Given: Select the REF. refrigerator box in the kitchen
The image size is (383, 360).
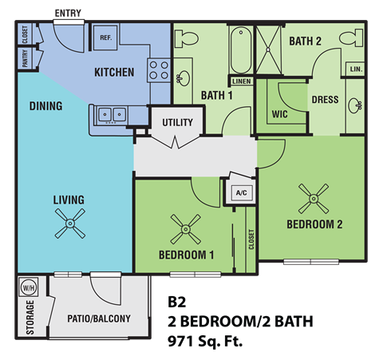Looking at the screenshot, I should pos(105,38).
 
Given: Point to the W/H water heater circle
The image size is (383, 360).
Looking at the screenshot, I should pos(28,287).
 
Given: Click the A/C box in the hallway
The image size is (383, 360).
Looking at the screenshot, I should pos(240,192).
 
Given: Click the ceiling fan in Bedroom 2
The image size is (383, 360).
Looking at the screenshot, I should pos(313,195).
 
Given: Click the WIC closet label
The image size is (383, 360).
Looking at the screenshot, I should pos(279,114).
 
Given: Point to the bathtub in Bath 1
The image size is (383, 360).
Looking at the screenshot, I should pos(240,50).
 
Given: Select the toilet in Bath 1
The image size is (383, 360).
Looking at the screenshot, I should pos(188,38).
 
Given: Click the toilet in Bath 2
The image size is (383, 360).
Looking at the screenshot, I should pos(349,38).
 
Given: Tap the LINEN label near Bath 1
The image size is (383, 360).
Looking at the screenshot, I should pos(240,81).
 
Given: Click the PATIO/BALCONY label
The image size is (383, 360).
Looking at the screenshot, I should pos(99,319).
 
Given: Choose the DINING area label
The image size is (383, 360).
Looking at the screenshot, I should pos(45,106).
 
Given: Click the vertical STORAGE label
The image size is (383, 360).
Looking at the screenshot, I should pos(30,318).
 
